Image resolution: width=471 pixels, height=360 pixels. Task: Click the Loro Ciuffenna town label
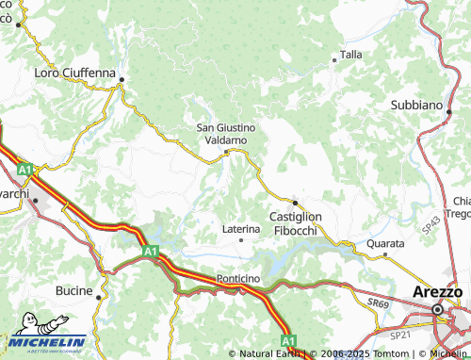point(73,73)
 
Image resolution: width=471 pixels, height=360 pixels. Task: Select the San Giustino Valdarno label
point(225,133)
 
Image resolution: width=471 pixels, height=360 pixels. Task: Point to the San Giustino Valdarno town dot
point(226,151)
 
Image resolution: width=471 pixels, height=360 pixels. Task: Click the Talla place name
point(350,55)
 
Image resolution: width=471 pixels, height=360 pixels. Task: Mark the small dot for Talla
point(333,61)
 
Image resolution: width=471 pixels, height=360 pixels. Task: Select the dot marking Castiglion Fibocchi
point(295,202)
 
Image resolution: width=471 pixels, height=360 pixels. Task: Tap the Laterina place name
point(240,228)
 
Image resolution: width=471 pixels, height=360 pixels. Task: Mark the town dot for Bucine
point(99,294)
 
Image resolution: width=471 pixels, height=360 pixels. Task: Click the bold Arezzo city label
point(438,292)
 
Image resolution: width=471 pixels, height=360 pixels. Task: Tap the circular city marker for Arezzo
point(438,308)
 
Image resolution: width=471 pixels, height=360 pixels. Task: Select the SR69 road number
point(378,303)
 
